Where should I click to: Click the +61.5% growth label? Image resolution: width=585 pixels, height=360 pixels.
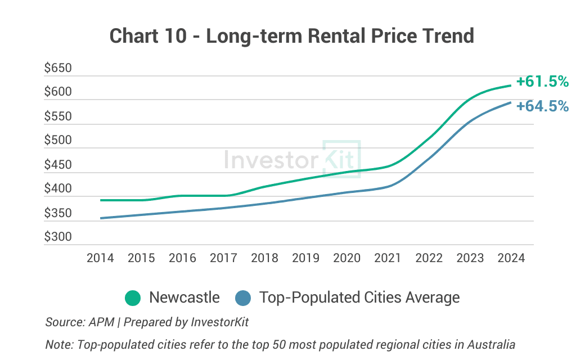tap(542, 82)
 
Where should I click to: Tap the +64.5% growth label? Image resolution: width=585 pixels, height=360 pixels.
tap(542, 106)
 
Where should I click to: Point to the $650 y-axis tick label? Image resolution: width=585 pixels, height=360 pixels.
tap(58, 69)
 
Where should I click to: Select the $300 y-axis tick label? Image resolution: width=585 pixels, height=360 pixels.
tap(58, 237)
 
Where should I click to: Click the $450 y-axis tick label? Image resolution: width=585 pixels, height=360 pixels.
tap(58, 165)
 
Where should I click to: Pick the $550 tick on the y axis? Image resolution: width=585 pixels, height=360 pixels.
tap(58, 116)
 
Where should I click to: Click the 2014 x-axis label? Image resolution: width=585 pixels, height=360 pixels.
tap(100, 258)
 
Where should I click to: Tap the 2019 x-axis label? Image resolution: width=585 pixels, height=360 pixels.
tap(305, 258)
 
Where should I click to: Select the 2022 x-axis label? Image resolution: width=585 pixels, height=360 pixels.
tap(429, 258)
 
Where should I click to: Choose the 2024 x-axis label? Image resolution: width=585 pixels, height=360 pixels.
tap(511, 258)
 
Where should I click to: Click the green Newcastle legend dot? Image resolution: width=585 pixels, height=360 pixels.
tap(133, 298)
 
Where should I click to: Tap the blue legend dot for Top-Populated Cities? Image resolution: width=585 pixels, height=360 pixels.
tap(243, 298)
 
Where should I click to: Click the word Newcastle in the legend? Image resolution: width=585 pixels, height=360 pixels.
tap(184, 298)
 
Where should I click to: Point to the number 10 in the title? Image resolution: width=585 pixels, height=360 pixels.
tap(175, 36)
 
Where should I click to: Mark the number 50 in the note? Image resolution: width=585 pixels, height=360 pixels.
tap(280, 344)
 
